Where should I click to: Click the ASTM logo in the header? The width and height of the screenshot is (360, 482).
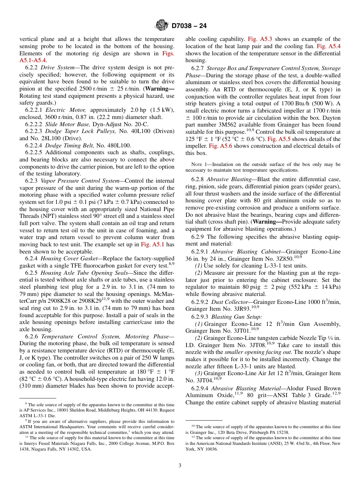[162, 25]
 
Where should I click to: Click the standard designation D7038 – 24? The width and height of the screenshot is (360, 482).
[189, 26]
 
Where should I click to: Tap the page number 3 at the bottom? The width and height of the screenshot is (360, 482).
[180, 465]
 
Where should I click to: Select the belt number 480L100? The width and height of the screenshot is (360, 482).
[119, 146]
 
